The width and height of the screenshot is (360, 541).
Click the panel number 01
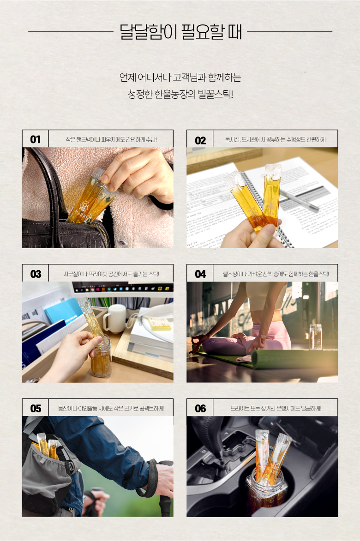point(35,139)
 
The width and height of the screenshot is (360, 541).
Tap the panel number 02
point(200,140)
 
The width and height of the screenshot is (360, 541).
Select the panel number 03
point(36,274)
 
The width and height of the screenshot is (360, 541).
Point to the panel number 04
point(200,274)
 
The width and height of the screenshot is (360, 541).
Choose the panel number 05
point(36,409)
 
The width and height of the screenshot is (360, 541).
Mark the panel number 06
point(200,409)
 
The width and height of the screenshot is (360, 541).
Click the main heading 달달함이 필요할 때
point(180,32)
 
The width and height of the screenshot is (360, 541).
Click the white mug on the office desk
point(114,318)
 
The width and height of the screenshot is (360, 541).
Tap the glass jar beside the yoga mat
point(316,337)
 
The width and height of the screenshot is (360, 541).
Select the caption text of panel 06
point(276,409)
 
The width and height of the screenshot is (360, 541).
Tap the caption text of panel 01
point(111,139)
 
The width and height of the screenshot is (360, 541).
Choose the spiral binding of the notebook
point(266,207)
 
